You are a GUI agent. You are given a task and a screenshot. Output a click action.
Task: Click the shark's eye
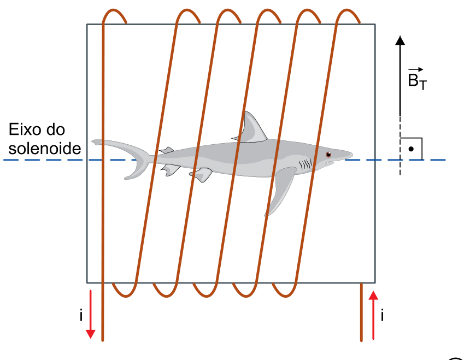328,155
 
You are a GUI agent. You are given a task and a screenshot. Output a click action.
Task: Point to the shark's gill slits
305,164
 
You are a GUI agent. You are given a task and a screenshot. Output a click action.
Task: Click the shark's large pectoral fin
280,188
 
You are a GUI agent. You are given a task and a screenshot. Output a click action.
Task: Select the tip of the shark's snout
352,155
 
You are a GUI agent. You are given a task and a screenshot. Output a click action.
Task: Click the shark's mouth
329,163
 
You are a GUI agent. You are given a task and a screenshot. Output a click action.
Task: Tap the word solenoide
45,149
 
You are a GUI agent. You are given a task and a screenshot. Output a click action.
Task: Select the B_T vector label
417,79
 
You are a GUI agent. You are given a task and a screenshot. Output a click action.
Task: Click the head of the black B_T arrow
400,40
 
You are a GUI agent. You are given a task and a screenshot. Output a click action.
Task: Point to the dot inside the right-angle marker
411,149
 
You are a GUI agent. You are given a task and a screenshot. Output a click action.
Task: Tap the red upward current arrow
373,315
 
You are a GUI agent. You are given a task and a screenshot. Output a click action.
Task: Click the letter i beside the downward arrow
81,316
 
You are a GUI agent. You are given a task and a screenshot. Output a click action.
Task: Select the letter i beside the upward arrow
382,316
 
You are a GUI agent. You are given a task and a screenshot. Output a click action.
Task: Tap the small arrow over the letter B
416,69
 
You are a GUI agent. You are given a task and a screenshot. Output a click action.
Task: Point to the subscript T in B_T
423,86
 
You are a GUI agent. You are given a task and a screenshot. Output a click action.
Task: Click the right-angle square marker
411,149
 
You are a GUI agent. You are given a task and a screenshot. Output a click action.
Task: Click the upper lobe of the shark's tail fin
120,146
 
